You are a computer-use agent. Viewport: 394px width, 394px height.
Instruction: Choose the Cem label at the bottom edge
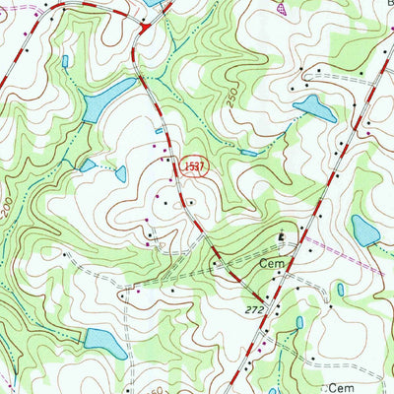340,388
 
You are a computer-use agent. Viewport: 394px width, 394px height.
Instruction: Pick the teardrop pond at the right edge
364,231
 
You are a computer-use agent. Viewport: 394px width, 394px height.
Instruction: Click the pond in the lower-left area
104,343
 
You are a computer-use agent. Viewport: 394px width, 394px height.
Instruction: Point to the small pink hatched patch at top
284,8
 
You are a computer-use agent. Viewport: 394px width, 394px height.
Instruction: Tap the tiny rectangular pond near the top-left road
65,61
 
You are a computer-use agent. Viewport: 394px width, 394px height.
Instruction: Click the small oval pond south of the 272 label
298,323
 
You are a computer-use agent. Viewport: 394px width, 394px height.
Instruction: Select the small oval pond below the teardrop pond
339,290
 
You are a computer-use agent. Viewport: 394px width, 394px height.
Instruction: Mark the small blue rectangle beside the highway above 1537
159,130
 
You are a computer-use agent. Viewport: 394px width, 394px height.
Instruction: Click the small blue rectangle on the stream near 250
249,153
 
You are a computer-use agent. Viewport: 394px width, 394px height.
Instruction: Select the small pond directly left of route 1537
120,174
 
